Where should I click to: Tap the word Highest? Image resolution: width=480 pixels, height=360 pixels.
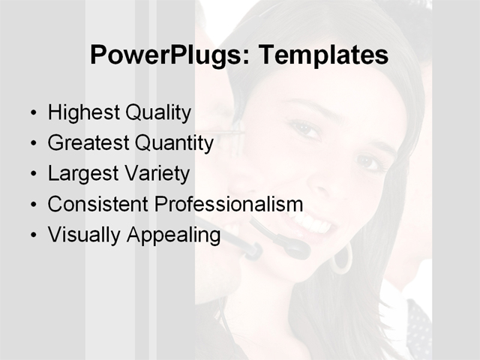pos(82,113)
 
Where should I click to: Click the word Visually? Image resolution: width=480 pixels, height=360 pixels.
pos(83,235)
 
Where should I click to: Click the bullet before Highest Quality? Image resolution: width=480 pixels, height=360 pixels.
pos(32,114)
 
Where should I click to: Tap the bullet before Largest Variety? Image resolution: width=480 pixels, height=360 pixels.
pos(32,175)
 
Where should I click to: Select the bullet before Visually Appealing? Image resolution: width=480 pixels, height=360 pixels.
pos(32,235)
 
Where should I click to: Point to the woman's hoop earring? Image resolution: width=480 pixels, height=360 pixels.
pos(342,259)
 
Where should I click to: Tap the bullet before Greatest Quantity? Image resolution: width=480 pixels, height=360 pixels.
pos(32,144)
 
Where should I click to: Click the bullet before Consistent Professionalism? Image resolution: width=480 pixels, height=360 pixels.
pos(32,205)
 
